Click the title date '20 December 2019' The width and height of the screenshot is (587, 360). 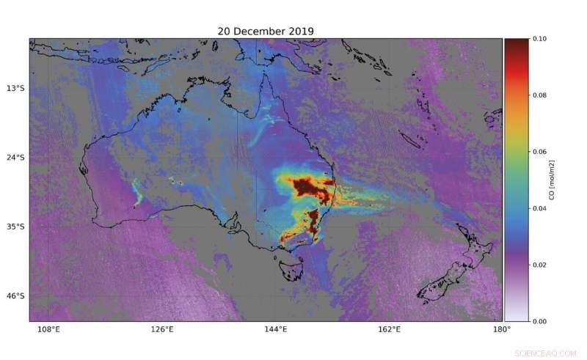266,31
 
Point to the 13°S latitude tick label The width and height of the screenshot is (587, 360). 15,89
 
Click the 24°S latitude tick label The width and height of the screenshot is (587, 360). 15,158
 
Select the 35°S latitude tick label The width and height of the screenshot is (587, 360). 15,227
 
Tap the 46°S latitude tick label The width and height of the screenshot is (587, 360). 15,296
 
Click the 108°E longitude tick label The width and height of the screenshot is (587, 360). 48,329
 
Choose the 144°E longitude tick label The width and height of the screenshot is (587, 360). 275,329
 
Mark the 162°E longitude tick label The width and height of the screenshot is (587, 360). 389,329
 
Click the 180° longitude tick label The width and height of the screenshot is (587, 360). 502,329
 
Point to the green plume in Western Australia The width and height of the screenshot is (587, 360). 136,194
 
